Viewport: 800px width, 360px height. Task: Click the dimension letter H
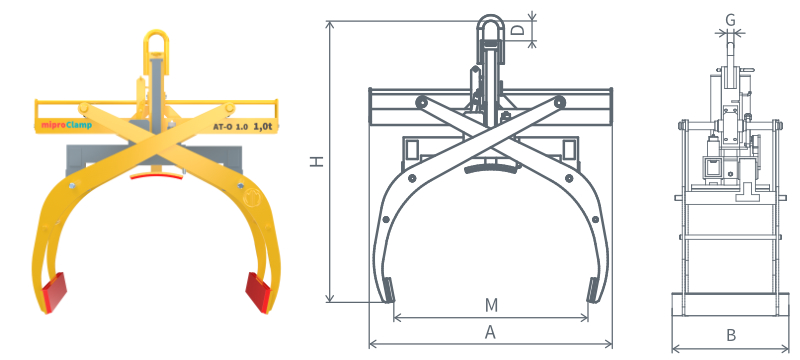317,161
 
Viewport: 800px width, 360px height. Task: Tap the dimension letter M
491,305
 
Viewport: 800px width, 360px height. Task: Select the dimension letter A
490,332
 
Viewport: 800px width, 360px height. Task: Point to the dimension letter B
731,336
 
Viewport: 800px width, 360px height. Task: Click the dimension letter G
730,20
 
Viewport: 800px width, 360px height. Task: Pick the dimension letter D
518,30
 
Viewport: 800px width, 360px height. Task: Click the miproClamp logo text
67,125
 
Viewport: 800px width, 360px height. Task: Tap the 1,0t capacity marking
262,126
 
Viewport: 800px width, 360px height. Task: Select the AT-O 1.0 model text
231,127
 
